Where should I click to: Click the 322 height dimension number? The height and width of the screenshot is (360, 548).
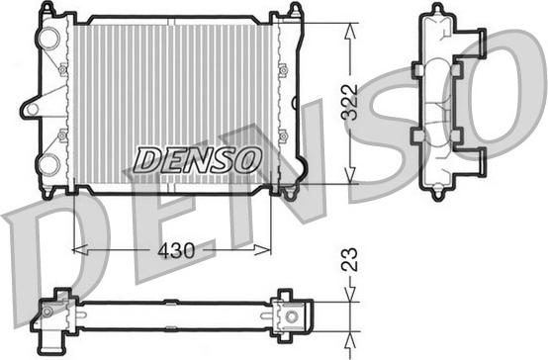point(350,103)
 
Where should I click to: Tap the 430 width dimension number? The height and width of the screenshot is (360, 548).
point(176,250)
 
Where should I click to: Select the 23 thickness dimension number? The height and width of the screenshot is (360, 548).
point(350,259)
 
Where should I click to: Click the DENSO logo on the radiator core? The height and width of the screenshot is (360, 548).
point(198,159)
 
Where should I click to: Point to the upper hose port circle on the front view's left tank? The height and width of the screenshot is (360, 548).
point(48,38)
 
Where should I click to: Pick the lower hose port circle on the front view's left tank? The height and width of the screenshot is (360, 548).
point(48,164)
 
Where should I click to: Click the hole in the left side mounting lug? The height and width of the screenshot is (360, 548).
point(33,109)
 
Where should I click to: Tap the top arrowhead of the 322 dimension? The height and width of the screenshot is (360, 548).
point(350,32)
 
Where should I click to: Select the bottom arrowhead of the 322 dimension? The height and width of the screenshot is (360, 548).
point(350,175)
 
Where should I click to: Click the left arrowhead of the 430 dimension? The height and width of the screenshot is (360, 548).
point(80,250)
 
